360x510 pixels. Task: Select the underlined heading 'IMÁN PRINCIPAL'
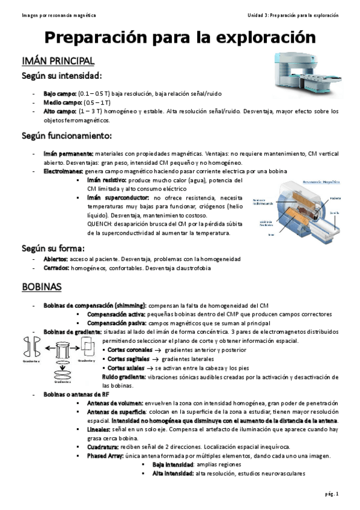[x=58, y=61]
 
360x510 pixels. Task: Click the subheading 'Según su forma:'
[x=53, y=248]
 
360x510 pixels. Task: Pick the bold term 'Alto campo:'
[x=59, y=111]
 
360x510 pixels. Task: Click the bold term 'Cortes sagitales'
[x=127, y=358]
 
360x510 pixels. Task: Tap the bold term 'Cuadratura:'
[x=105, y=447]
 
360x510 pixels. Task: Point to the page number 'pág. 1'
[x=333, y=494]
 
